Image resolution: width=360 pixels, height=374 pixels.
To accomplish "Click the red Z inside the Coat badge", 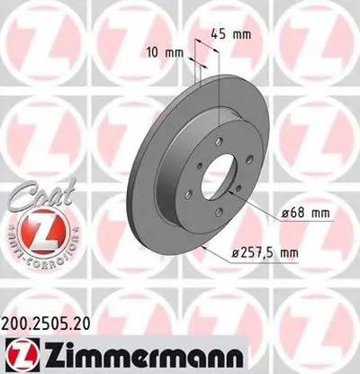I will pyautogui.click(x=29, y=233).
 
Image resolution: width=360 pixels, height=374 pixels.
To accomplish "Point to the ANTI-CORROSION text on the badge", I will pyautogui.click(x=29, y=256).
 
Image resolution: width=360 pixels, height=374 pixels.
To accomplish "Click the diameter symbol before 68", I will pyautogui.click(x=271, y=213).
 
